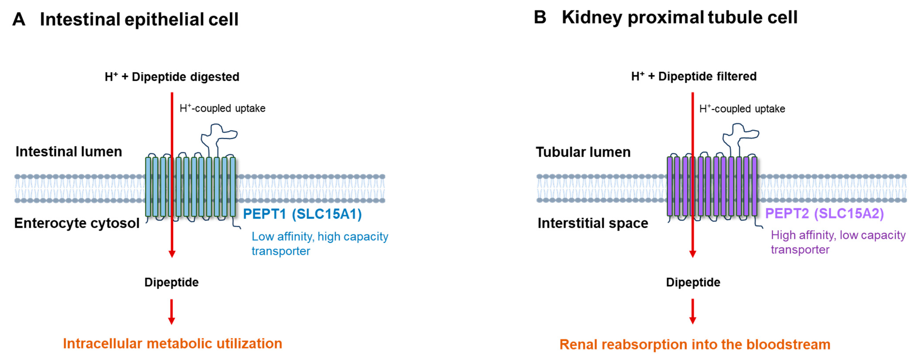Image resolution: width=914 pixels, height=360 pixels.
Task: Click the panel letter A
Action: pyautogui.click(x=19, y=19)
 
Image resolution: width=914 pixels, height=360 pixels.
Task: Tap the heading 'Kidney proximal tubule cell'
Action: pyautogui.click(x=680, y=17)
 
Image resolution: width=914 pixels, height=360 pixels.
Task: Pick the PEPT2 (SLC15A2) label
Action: pyautogui.click(x=824, y=213)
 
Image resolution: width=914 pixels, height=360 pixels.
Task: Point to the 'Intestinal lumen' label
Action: pyautogui.click(x=69, y=151)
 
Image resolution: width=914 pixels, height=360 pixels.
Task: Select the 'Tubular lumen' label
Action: pyautogui.click(x=583, y=152)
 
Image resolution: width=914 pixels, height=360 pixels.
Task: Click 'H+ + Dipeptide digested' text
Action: pyautogui.click(x=172, y=77)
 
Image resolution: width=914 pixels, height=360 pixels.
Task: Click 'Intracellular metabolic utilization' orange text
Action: pyautogui.click(x=172, y=343)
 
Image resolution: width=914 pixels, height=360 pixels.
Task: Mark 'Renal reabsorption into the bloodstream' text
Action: pyautogui.click(x=695, y=344)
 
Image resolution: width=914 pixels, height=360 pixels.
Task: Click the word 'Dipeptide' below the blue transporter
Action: pyautogui.click(x=171, y=282)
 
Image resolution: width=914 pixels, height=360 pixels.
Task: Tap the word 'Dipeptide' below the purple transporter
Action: pyautogui.click(x=693, y=282)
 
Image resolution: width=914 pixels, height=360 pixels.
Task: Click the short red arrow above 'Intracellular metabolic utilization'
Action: pyautogui.click(x=172, y=312)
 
